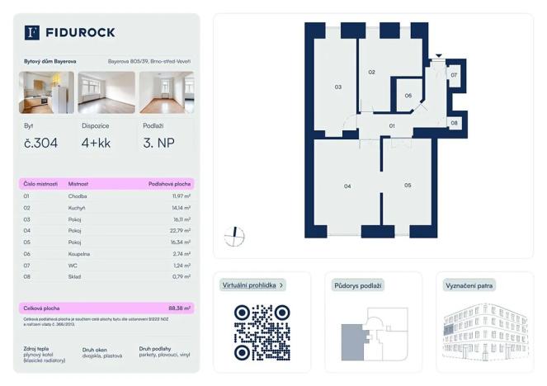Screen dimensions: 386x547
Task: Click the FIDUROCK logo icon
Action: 32,33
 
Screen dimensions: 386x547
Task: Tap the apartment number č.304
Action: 40,144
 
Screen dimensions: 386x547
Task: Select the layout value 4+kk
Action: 96,144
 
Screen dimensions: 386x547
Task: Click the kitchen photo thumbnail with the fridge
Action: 46,92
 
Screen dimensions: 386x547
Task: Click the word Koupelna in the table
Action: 81,254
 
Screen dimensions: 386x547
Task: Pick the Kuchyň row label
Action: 78,208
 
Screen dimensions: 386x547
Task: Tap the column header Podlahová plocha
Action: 169,184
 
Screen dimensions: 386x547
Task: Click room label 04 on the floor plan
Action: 347,186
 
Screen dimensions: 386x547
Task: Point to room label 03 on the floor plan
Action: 337,87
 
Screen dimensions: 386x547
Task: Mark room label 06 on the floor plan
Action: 408,96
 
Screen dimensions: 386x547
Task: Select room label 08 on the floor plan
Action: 454,123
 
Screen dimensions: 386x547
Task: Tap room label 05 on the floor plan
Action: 408,186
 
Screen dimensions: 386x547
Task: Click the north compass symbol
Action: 235,236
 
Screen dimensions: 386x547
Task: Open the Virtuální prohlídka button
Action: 253,285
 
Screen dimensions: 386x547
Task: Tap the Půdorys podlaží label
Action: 358,285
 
